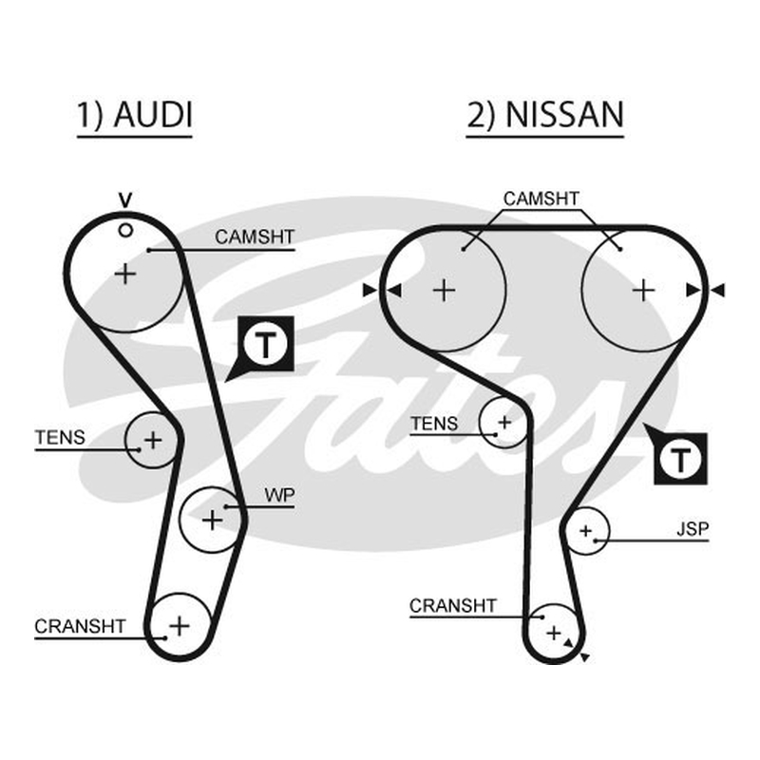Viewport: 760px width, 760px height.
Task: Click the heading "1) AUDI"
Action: click(x=135, y=115)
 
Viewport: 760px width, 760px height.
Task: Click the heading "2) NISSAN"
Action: click(x=544, y=115)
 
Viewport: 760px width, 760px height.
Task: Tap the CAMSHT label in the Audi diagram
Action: click(x=255, y=237)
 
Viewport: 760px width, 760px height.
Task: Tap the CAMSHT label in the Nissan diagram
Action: click(x=541, y=199)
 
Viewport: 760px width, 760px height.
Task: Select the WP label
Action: click(x=279, y=495)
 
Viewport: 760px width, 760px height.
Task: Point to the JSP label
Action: click(x=693, y=529)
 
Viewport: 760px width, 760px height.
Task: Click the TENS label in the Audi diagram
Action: click(x=60, y=438)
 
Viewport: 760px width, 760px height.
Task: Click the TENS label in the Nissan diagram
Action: click(x=434, y=424)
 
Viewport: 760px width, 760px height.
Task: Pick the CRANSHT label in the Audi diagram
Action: click(x=80, y=626)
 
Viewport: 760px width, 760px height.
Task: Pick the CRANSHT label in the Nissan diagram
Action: click(x=453, y=605)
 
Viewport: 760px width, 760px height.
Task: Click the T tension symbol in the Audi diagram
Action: click(x=266, y=344)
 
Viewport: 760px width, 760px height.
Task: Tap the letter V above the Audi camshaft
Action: click(x=125, y=199)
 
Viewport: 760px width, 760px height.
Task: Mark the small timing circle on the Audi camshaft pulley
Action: click(x=125, y=231)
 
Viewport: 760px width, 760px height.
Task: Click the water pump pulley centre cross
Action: click(x=212, y=521)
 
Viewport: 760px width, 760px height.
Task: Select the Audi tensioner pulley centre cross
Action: click(x=153, y=441)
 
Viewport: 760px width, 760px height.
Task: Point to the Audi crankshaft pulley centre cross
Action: click(x=180, y=626)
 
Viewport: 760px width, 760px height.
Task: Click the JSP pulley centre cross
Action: click(x=586, y=531)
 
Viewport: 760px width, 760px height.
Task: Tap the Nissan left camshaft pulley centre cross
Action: click(x=444, y=291)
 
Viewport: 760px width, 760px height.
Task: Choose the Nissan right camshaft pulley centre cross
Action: click(x=644, y=291)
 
